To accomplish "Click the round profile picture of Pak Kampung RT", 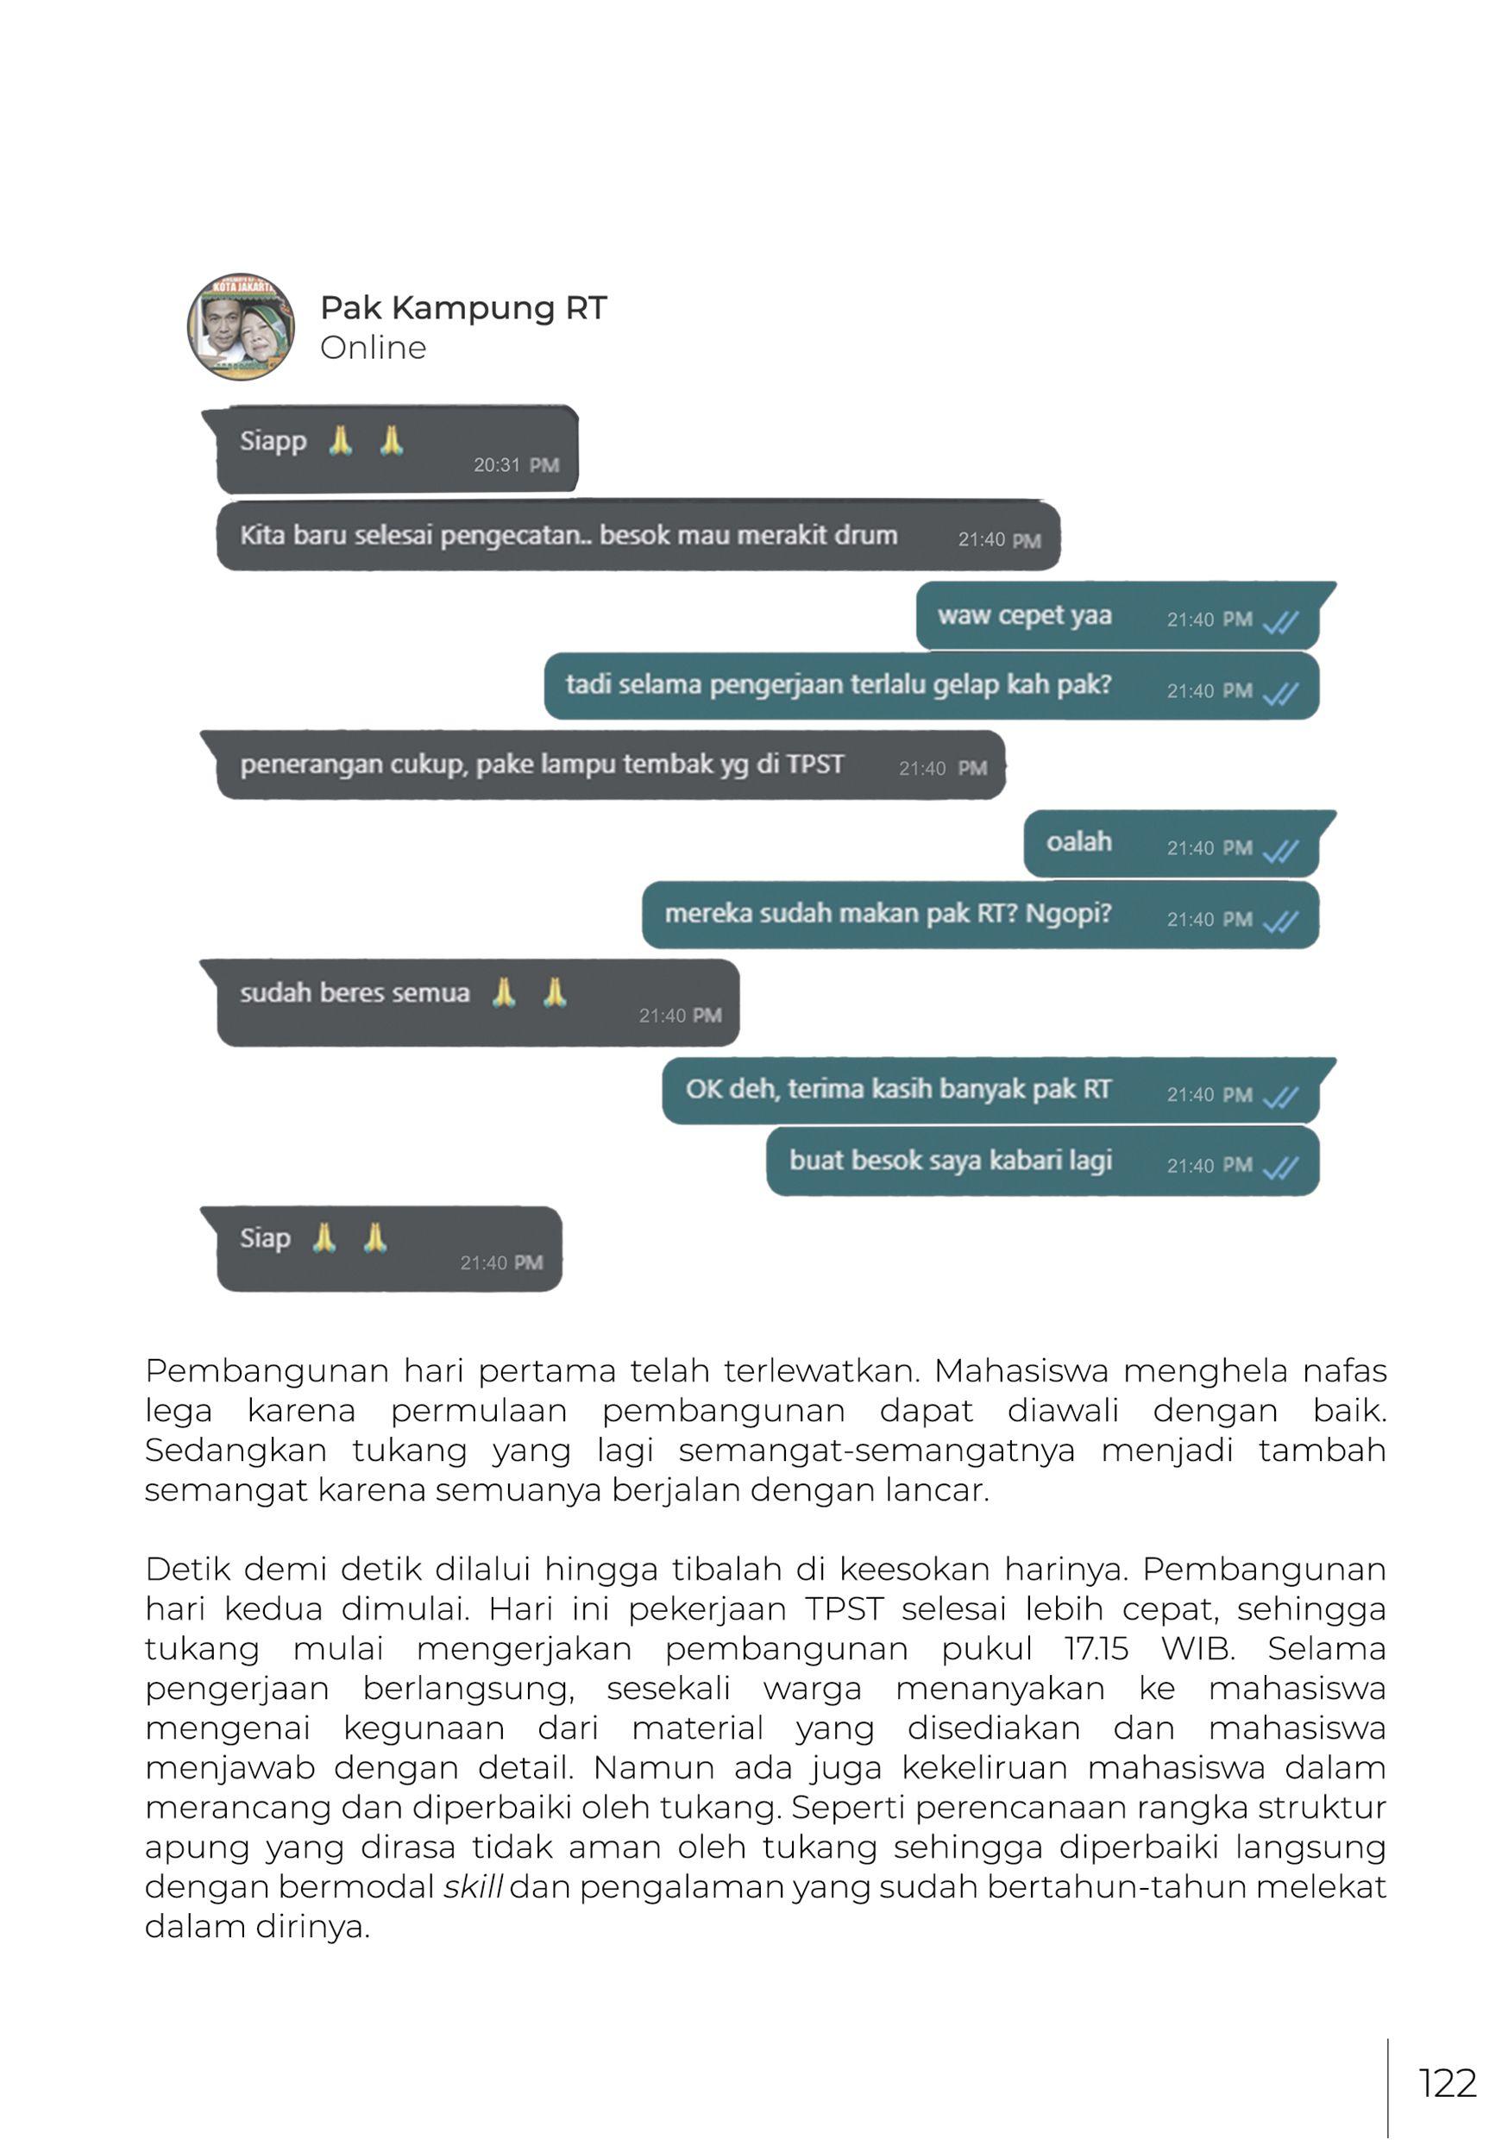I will click(x=242, y=327).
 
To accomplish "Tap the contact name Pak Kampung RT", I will click(x=463, y=307).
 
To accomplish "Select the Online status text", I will click(x=373, y=348).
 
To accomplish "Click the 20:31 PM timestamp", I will click(x=515, y=465).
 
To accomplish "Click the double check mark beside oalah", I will click(x=1280, y=850).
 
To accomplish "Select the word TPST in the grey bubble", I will click(x=815, y=765).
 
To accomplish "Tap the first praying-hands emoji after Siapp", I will click(x=341, y=440).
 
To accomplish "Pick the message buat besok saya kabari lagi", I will click(x=951, y=1161).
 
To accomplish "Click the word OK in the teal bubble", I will click(x=703, y=1090).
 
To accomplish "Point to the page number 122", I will click(x=1447, y=2083).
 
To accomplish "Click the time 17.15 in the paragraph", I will click(x=1096, y=1649).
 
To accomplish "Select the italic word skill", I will click(x=473, y=1886).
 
